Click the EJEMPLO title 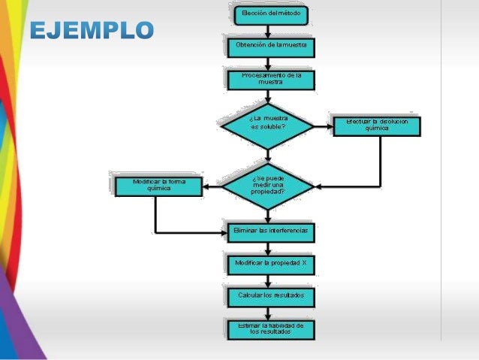click(92, 32)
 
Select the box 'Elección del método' click(270, 15)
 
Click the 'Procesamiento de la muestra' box click(270, 79)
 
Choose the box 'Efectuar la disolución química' click(377, 126)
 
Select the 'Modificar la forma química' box click(158, 186)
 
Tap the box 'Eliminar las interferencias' click(270, 231)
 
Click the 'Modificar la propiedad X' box click(270, 265)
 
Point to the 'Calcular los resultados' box click(270, 297)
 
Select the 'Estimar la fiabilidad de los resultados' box click(270, 328)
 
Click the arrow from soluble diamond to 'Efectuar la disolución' click(324, 126)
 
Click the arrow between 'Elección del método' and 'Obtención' click(270, 31)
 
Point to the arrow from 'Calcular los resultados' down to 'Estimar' click(270, 313)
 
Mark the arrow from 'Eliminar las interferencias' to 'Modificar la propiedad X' click(270, 248)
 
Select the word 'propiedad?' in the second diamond click(268, 193)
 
